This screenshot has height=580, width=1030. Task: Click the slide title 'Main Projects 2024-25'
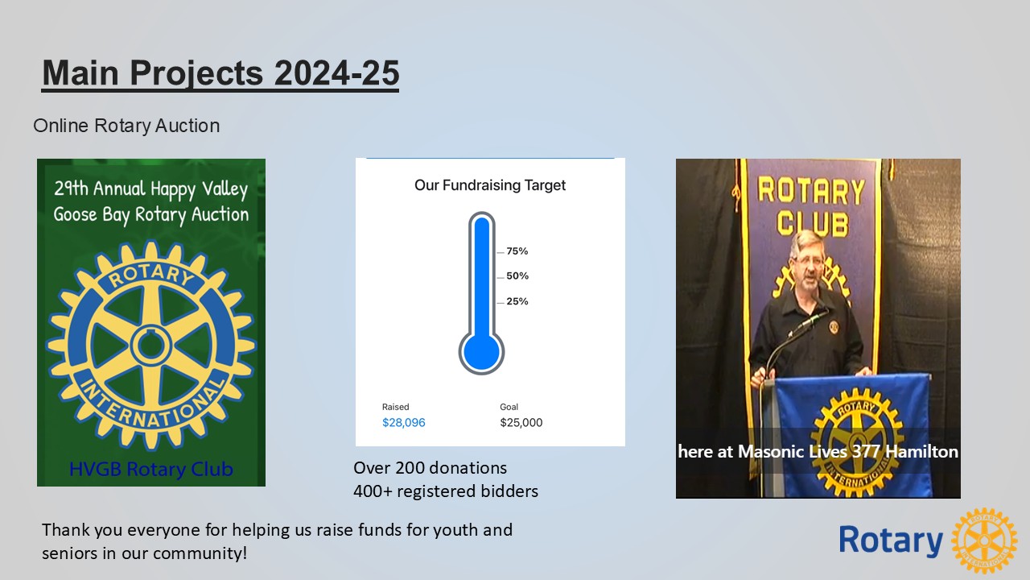[x=220, y=73]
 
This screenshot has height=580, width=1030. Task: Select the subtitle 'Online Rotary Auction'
[x=126, y=126]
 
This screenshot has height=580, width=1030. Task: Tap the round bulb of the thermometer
[x=481, y=352]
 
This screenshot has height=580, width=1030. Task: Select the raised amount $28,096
[x=404, y=423]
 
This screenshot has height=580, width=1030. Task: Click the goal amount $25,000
[x=521, y=423]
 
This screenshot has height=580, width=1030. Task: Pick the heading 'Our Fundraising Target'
[x=490, y=185]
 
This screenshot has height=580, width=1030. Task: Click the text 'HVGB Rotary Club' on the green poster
[x=151, y=469]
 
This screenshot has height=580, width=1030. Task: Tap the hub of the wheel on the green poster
[x=151, y=345]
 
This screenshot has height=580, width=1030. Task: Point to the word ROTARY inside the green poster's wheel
[x=151, y=275]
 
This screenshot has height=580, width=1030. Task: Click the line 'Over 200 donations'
[x=430, y=468]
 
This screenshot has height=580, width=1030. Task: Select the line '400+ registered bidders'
[x=446, y=491]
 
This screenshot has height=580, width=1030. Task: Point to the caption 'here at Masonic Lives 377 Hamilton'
[x=818, y=452]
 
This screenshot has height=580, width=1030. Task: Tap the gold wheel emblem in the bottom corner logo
[x=984, y=541]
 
